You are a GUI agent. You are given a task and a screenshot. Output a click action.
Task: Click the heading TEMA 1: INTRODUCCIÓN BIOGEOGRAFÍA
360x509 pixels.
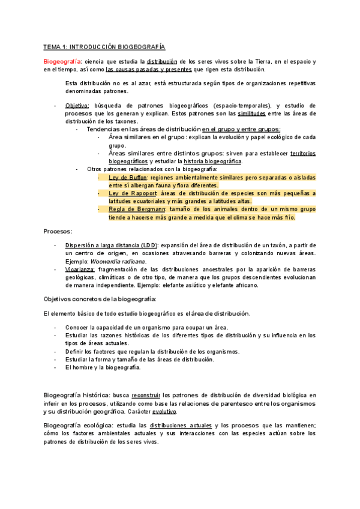click(104, 47)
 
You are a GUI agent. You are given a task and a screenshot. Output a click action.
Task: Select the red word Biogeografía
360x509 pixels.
click(62, 62)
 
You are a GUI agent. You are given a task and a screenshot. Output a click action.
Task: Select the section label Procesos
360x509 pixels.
click(58, 231)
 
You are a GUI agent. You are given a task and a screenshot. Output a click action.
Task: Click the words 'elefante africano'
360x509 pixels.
click(235, 286)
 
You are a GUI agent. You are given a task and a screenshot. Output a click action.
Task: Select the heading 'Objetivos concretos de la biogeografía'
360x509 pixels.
click(100, 299)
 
